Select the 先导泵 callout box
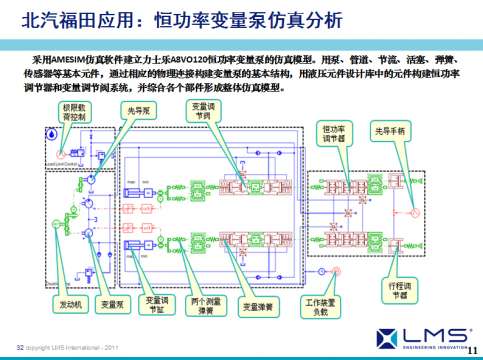coord(139,113)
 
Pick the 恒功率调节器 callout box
coord(334,134)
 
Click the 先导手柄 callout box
coord(388,130)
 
